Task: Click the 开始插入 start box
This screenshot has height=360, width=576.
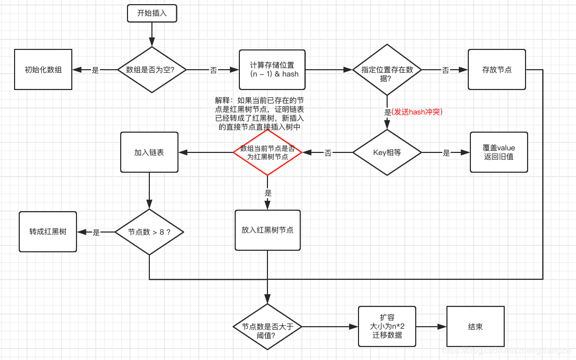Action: tap(152, 14)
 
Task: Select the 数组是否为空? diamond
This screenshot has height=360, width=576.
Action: tap(151, 70)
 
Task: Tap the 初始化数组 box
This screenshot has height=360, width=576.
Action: tap(43, 70)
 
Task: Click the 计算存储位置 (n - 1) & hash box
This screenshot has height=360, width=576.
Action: tap(272, 70)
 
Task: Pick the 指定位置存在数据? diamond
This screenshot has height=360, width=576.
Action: tap(387, 70)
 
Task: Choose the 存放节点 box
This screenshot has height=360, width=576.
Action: tap(496, 70)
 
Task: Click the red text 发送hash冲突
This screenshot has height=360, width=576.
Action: tap(417, 111)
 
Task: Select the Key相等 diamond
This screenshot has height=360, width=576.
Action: tap(387, 152)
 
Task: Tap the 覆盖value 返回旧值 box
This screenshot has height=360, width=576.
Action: tap(498, 152)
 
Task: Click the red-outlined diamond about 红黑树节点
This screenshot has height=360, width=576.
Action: tap(267, 152)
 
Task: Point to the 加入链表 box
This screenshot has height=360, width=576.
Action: tap(149, 152)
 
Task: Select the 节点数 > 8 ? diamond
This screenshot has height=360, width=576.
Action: tap(149, 232)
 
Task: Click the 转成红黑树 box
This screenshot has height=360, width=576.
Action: tap(48, 232)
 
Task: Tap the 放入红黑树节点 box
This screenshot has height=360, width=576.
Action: tap(267, 230)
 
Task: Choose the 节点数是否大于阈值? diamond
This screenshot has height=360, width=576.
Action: tap(267, 327)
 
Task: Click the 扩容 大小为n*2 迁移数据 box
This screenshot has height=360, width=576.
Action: tap(387, 327)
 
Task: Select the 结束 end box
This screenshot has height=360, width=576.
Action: tap(475, 327)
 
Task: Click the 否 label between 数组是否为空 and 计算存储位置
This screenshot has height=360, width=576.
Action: tap(213, 70)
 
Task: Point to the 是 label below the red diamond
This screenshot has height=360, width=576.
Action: tap(268, 193)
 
